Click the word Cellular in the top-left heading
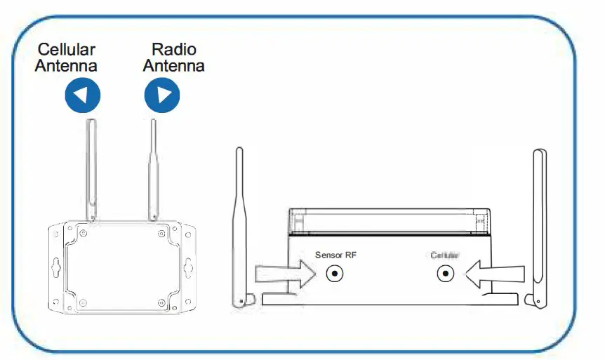point(67,50)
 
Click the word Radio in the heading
point(174,50)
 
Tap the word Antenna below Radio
point(174,66)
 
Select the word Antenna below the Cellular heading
point(67,66)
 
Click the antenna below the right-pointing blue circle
point(152,168)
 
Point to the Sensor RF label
point(336,255)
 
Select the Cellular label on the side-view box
point(444,255)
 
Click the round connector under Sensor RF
point(337,274)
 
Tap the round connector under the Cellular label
point(444,274)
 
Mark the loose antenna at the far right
point(539,225)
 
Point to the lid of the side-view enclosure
point(390,220)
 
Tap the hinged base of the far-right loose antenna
point(536,300)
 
